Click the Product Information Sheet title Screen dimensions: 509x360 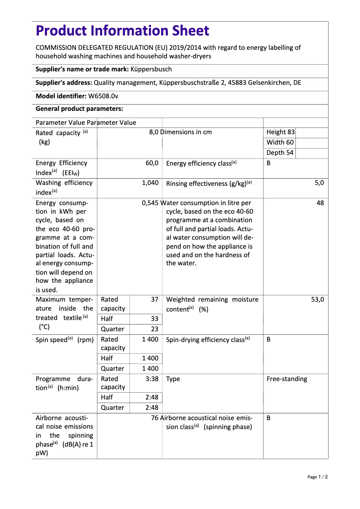(122, 31)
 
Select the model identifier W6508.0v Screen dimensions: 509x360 (103, 96)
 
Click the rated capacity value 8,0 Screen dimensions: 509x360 (154, 132)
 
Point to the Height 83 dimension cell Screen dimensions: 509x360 (281, 132)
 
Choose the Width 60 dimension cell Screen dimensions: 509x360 (280, 142)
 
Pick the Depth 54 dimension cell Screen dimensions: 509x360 (280, 153)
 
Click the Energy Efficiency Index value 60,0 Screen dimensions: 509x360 (152, 163)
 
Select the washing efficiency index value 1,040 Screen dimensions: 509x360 (150, 183)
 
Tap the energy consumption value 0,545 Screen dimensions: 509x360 (150, 203)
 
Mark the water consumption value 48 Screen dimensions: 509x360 (320, 203)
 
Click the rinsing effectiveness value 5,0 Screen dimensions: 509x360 (319, 183)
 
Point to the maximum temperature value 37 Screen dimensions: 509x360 (154, 299)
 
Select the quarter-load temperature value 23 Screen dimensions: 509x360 (154, 329)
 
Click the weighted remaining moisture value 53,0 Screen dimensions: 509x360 (317, 299)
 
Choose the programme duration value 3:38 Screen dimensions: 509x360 (152, 379)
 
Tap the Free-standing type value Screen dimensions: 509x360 (287, 379)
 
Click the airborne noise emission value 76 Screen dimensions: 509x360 (155, 418)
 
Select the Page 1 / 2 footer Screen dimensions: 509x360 (317, 477)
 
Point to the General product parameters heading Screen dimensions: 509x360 (79, 109)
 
